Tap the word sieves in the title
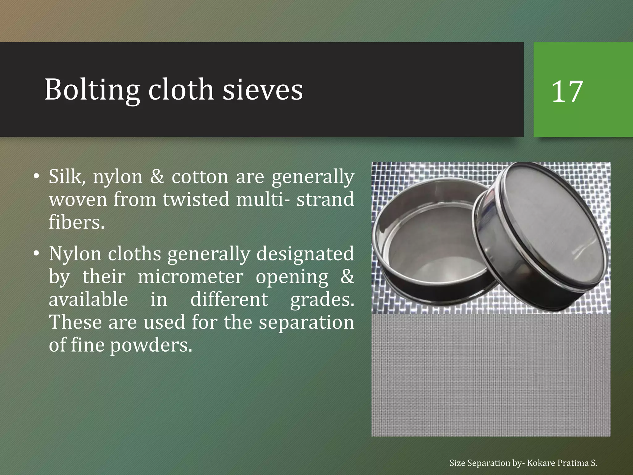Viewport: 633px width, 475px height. (x=262, y=90)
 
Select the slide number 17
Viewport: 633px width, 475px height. (x=567, y=92)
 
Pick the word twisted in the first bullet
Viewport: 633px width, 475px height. (x=196, y=199)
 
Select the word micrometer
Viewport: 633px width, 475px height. (x=190, y=277)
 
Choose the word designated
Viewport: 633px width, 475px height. (x=305, y=254)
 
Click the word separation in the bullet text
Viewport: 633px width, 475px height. (x=306, y=322)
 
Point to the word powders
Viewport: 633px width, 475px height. (x=151, y=345)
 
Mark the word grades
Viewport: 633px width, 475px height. (x=322, y=300)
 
